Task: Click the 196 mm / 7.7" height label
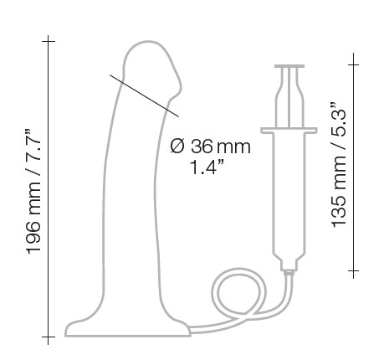point(34,192)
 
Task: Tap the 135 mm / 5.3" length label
point(339,165)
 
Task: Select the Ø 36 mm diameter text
point(210,147)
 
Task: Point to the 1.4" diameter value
point(207,167)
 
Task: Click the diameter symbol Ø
point(177,147)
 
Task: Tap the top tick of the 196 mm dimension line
point(49,41)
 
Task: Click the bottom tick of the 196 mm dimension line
point(49,337)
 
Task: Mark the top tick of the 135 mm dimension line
point(354,64)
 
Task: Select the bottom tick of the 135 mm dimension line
point(354,270)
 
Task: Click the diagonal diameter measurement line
point(144,95)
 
